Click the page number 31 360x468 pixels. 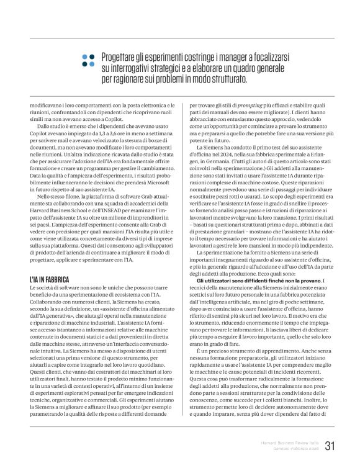point(330,445)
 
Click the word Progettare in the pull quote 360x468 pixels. point(122,56)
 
